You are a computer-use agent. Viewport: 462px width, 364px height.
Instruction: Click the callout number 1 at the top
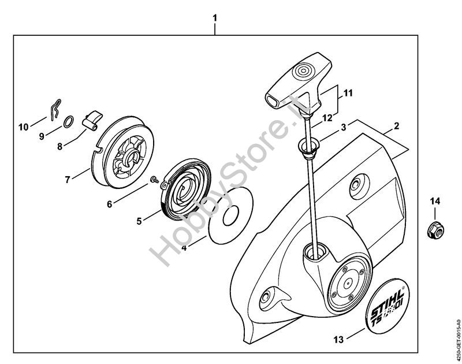(x=215, y=18)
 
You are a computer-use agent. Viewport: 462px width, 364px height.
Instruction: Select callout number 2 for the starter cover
(x=397, y=125)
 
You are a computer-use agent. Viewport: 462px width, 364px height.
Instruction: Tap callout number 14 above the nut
(x=434, y=201)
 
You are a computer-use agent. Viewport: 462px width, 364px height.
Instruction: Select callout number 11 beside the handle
(x=348, y=92)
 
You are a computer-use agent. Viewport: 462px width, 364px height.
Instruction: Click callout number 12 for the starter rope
(x=326, y=117)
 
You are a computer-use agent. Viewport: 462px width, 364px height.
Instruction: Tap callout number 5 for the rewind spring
(x=139, y=221)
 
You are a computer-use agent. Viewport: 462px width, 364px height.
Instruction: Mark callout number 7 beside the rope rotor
(x=68, y=180)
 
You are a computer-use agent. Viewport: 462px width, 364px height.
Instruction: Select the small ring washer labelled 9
(x=68, y=121)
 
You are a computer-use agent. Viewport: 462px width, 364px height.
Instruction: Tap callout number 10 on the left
(x=23, y=127)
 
